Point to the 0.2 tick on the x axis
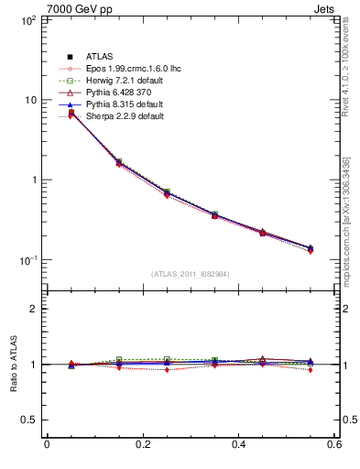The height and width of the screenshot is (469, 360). [x=143, y=444]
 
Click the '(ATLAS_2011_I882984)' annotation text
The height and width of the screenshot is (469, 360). [x=191, y=274]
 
